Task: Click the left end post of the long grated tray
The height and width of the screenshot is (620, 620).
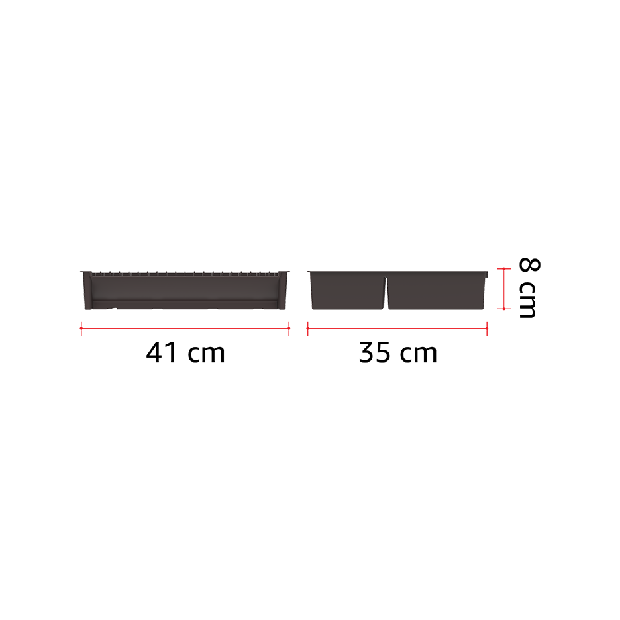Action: [x=87, y=291]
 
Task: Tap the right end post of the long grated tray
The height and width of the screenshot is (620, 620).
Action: [x=284, y=291]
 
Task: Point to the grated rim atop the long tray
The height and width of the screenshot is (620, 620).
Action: [x=185, y=273]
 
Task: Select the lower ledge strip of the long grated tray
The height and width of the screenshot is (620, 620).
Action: [x=185, y=304]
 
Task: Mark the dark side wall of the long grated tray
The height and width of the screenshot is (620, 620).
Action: [x=185, y=288]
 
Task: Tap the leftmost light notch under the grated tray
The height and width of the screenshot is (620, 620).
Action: [x=117, y=309]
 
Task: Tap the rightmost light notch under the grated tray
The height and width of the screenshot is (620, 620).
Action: [x=255, y=309]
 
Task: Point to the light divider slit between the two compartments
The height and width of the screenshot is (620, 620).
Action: [x=386, y=291]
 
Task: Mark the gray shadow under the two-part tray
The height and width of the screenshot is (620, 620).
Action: [x=397, y=315]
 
